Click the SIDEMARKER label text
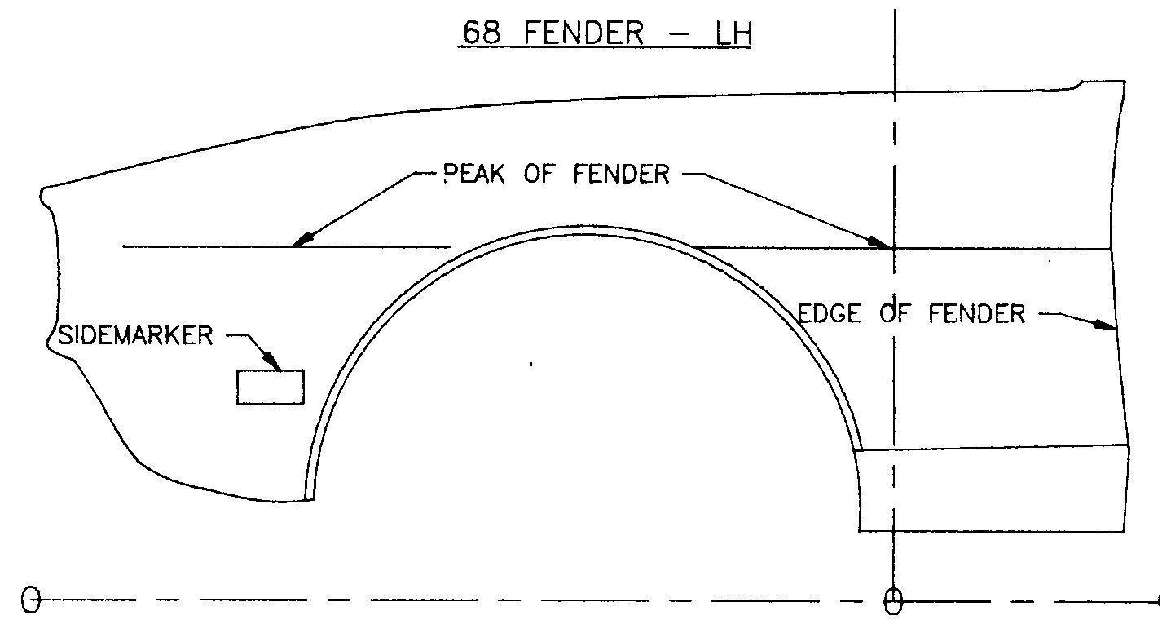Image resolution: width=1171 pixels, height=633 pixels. (135, 335)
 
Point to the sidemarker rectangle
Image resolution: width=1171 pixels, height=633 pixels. (271, 387)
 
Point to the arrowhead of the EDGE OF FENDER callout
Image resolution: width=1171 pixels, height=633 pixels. (1106, 325)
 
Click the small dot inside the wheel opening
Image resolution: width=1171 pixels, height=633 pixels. (531, 365)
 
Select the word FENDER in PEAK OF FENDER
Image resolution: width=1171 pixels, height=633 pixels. (619, 174)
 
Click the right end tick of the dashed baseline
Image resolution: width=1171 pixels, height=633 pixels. (1159, 601)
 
